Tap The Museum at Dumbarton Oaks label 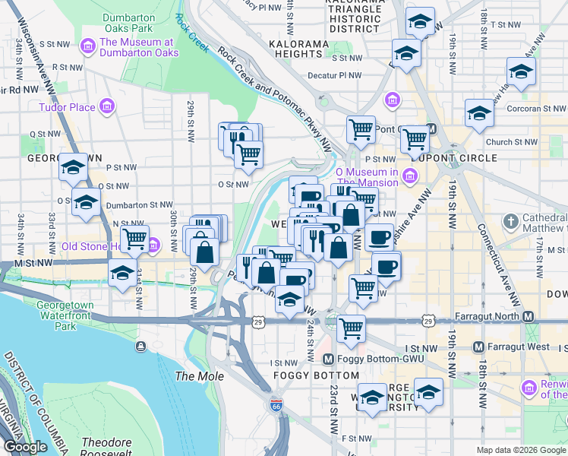[x=139, y=47]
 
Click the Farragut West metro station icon [x=478, y=347]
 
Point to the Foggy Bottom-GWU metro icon [x=328, y=359]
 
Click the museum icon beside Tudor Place [x=107, y=106]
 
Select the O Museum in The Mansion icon [x=411, y=176]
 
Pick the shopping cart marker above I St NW [x=351, y=328]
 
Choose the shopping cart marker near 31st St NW [x=134, y=238]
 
